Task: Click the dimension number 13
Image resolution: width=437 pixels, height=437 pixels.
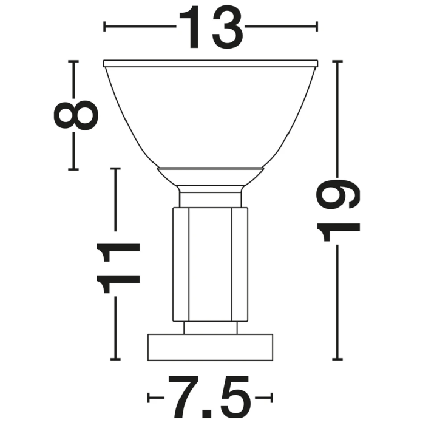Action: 211,27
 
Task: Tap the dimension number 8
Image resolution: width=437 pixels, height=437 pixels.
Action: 76,115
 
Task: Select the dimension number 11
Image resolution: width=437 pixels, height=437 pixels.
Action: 118,268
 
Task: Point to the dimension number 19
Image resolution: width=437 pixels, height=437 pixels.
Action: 338,210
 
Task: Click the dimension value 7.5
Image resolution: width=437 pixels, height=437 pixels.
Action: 209,397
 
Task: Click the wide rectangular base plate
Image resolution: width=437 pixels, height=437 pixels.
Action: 210,347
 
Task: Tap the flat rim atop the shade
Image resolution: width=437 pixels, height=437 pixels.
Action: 211,64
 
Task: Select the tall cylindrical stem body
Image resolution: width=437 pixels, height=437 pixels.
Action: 211,264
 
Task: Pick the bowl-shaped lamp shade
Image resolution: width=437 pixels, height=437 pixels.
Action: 211,117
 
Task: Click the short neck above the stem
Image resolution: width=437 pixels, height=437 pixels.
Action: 211,199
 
